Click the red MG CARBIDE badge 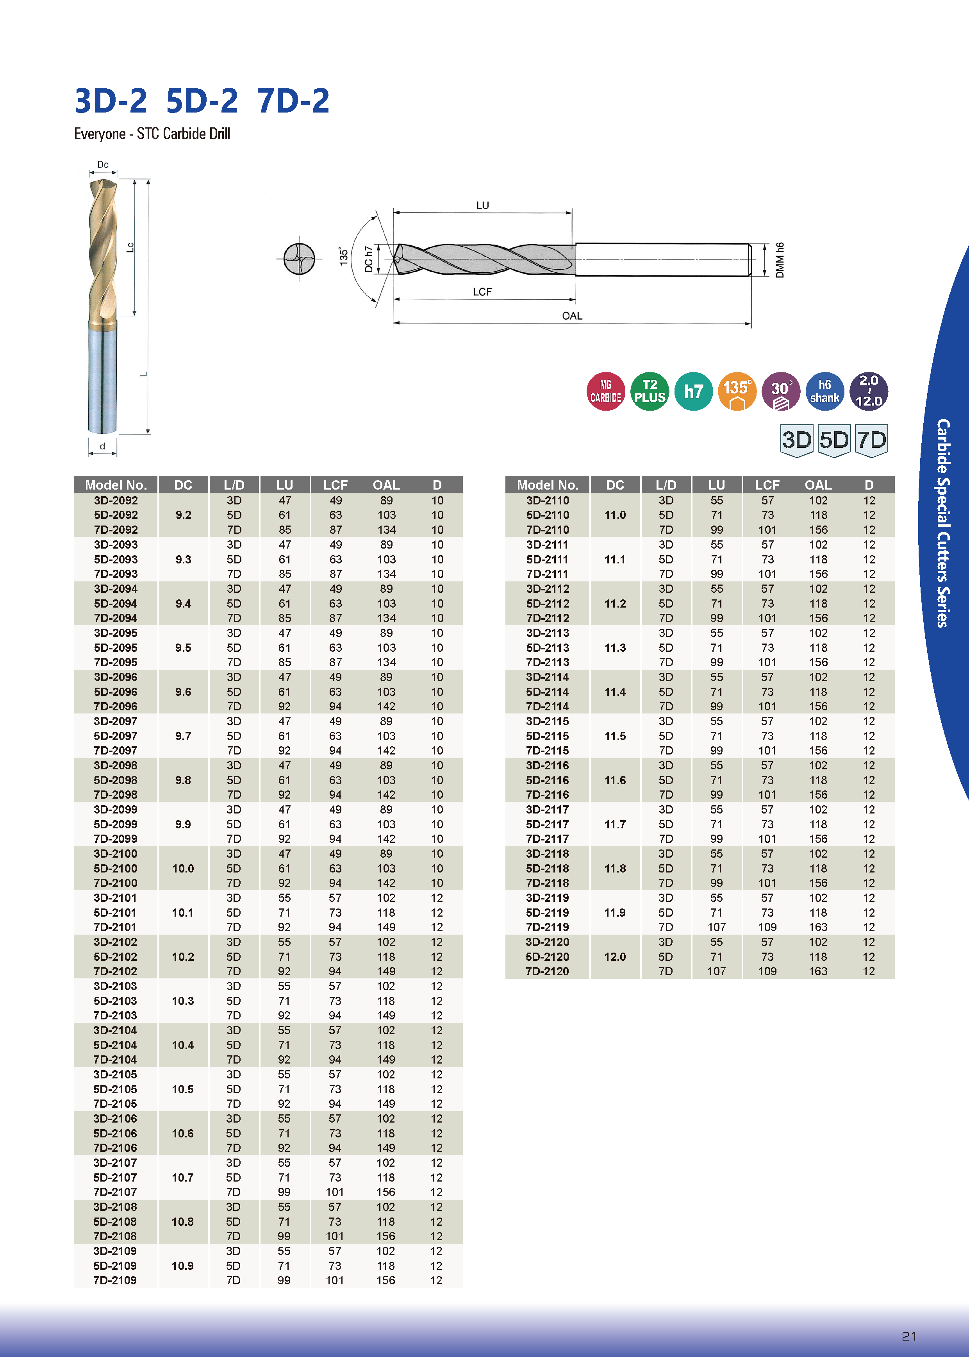point(606,392)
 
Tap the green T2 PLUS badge point(650,392)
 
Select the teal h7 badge point(693,392)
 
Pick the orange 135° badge point(737,392)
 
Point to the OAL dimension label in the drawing point(572,316)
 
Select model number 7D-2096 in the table point(115,706)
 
